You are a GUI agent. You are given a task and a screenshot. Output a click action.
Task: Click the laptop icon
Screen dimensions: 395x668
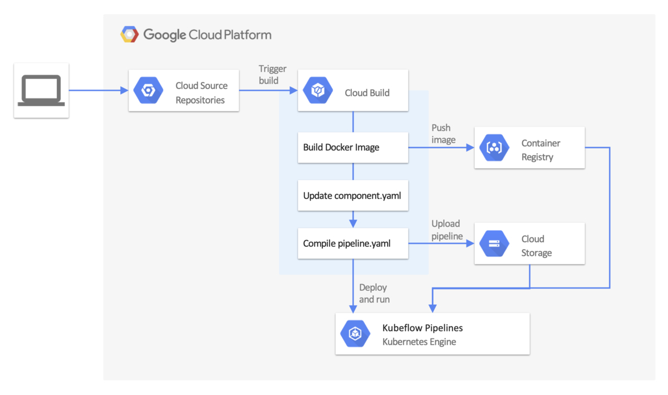coord(41,91)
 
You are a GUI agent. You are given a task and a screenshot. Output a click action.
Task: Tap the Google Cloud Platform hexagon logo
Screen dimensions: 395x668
coord(130,35)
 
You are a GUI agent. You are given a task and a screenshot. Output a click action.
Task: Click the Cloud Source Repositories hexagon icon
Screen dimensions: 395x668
coord(149,90)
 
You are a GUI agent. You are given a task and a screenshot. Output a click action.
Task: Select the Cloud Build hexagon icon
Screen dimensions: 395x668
coord(318,91)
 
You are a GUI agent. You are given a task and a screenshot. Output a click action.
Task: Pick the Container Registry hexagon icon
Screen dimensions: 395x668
coord(494,148)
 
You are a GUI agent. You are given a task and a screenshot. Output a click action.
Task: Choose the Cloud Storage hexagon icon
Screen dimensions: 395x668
coord(494,244)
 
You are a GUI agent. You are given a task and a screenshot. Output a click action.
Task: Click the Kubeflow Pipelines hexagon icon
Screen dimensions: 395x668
coord(355,334)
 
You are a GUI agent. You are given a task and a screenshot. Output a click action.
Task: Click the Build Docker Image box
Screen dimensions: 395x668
coord(353,148)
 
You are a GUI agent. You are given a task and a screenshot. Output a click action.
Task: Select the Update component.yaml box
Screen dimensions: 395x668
coord(353,196)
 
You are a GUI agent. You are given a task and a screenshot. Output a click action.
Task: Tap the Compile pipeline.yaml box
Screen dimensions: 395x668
coord(353,243)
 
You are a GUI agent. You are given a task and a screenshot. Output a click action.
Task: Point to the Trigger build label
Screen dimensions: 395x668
coord(273,75)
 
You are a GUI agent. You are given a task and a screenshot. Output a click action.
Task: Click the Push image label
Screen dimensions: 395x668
coord(443,134)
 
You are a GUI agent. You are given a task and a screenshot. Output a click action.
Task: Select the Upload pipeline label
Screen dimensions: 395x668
coord(447,230)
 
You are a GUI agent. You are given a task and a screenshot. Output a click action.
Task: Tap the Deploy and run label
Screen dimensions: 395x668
coord(374,294)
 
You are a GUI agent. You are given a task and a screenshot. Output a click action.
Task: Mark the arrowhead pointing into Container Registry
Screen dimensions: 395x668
coord(470,148)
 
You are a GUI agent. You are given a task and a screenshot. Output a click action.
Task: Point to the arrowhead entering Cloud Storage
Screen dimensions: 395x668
coord(470,243)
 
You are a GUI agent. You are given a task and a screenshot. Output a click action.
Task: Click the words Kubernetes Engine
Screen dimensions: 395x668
coord(419,342)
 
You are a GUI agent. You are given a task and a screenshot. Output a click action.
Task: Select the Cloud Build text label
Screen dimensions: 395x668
coord(367,92)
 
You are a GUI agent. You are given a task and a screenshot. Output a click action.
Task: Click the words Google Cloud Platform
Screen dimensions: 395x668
coord(207,35)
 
